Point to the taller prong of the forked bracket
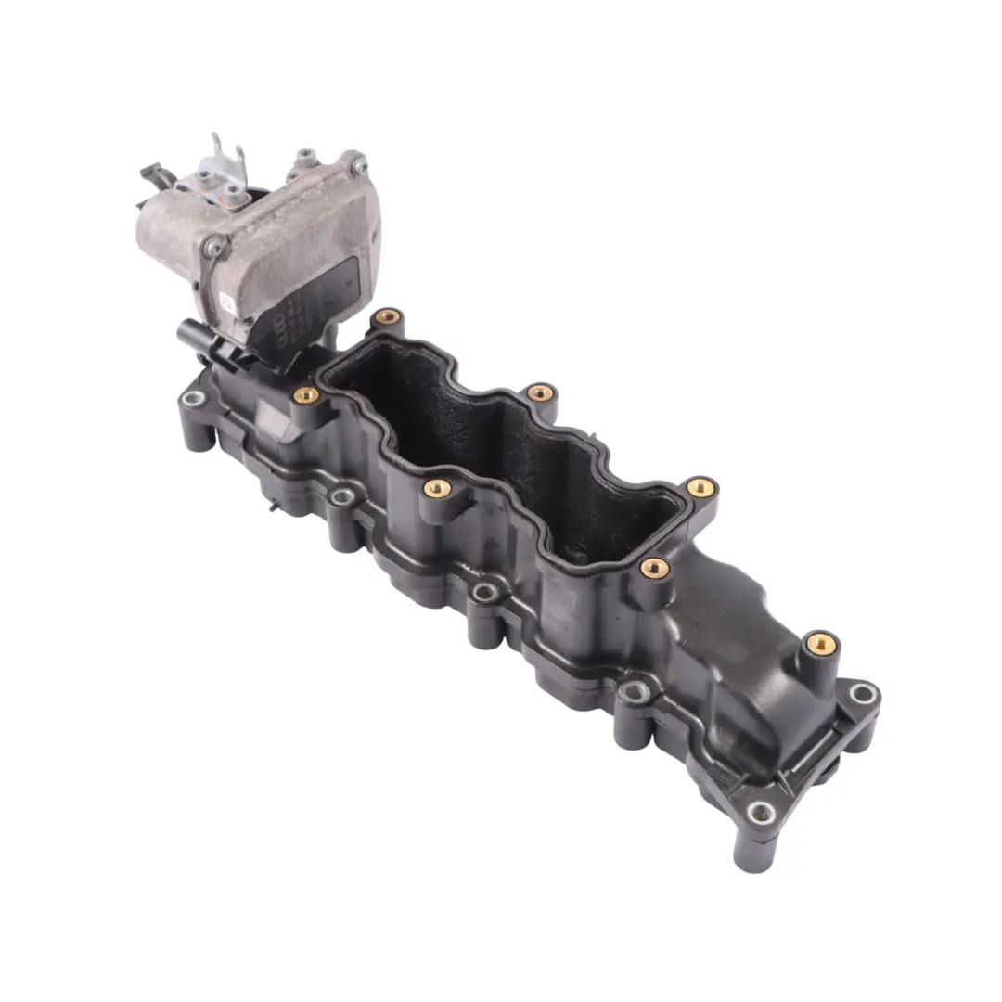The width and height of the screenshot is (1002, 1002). coord(216,148)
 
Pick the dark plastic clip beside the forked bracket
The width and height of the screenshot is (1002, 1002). coord(152,173)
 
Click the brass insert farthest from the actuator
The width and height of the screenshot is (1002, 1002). coord(820,642)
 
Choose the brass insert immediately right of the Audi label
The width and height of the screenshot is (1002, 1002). coord(387,317)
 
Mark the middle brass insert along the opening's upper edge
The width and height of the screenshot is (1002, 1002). coord(540,393)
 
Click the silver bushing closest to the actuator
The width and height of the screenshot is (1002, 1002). coord(194,400)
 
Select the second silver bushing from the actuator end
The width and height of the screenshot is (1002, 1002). coord(341,498)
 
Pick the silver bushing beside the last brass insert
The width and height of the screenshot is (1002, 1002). coord(863,692)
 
